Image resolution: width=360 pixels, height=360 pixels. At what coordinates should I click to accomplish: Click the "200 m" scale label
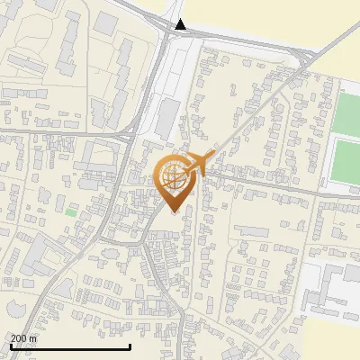(23, 337)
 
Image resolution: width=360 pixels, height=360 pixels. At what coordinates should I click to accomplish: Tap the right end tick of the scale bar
(130, 346)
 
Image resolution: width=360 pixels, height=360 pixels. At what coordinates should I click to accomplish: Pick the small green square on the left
(70, 211)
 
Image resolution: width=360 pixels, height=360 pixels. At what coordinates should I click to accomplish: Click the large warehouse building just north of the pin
(168, 118)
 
